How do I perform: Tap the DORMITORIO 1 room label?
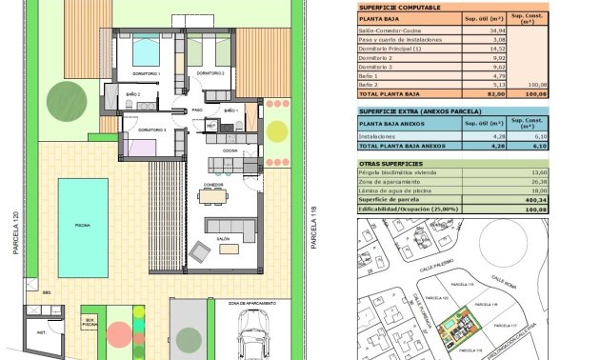[x=146, y=73]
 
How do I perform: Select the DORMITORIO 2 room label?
[x=210, y=73]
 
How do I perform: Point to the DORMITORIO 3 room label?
[x=152, y=130]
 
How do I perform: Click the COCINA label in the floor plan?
[x=230, y=150]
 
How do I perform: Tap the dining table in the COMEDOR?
[x=213, y=197]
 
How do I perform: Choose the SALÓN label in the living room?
[x=224, y=240]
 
